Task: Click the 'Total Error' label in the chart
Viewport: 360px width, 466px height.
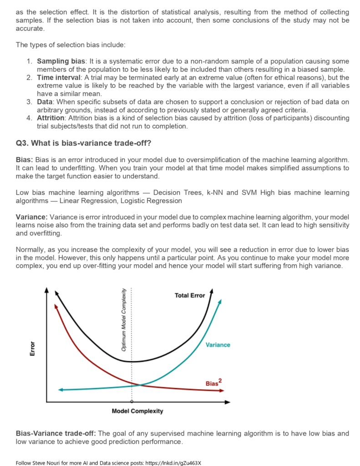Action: pyautogui.click(x=189, y=295)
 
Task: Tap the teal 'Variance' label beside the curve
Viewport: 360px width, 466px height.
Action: pyautogui.click(x=218, y=345)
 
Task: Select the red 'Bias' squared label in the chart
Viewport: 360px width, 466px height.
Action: pyautogui.click(x=213, y=383)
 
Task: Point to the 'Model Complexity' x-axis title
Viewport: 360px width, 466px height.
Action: pyautogui.click(x=137, y=411)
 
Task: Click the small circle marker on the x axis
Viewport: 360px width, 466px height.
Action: pyautogui.click(x=132, y=402)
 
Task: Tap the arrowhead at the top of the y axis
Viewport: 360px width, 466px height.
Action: pyautogui.click(x=46, y=291)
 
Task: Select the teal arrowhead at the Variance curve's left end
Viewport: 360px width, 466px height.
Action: pyautogui.click(x=61, y=390)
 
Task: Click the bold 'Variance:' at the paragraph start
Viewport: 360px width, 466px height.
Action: pyautogui.click(x=31, y=217)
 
